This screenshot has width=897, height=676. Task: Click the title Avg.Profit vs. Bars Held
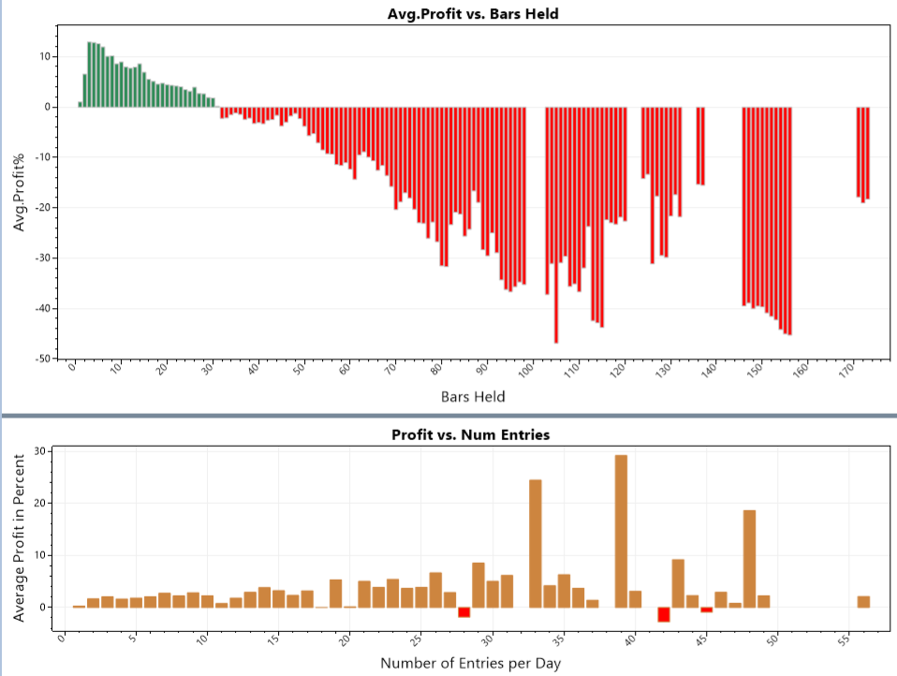pyautogui.click(x=473, y=14)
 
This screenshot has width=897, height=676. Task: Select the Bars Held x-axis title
pyautogui.click(x=473, y=396)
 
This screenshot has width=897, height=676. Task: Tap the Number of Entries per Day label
pyautogui.click(x=471, y=663)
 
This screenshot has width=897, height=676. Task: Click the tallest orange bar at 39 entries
pyautogui.click(x=621, y=531)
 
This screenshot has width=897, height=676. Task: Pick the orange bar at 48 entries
pyautogui.click(x=749, y=558)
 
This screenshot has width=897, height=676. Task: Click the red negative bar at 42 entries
pyautogui.click(x=664, y=614)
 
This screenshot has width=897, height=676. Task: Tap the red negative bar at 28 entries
pyautogui.click(x=463, y=612)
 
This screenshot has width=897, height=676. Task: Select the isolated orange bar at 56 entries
pyautogui.click(x=863, y=601)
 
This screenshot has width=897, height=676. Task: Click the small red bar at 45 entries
pyautogui.click(x=707, y=610)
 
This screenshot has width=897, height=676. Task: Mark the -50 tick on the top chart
pyautogui.click(x=39, y=359)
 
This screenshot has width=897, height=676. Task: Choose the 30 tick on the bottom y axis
pyautogui.click(x=39, y=451)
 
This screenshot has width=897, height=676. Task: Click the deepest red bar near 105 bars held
pyautogui.click(x=556, y=225)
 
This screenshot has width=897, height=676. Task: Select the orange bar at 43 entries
pyautogui.click(x=678, y=582)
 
